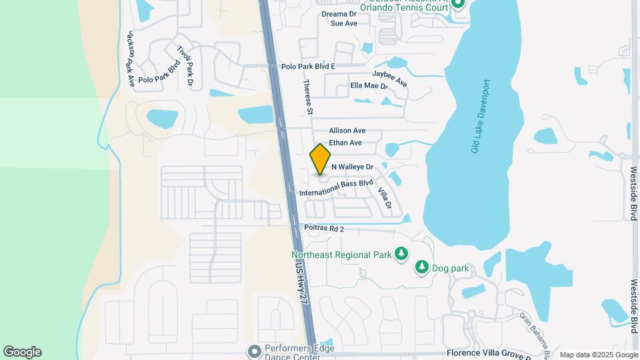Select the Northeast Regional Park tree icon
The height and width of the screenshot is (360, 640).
pos(401,254)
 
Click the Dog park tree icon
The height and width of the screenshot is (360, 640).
pos(421,268)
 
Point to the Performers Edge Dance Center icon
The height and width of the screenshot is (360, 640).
pos(253,351)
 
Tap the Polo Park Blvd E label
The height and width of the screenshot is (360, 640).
pos(308,67)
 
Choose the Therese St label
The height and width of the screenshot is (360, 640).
pos(308,96)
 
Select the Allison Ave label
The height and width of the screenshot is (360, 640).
pos(347,131)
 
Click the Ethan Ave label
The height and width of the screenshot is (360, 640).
pos(345,143)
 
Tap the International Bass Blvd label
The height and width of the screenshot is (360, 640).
pos(336,187)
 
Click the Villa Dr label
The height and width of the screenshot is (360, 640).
pos(383,198)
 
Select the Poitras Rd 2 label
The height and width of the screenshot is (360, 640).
pos(324,229)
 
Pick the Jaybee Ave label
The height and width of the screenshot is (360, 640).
pos(390,78)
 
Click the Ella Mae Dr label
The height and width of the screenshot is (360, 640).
pos(369,86)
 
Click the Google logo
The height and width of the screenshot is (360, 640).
pos(22,352)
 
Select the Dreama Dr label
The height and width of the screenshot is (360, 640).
pos(340,13)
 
